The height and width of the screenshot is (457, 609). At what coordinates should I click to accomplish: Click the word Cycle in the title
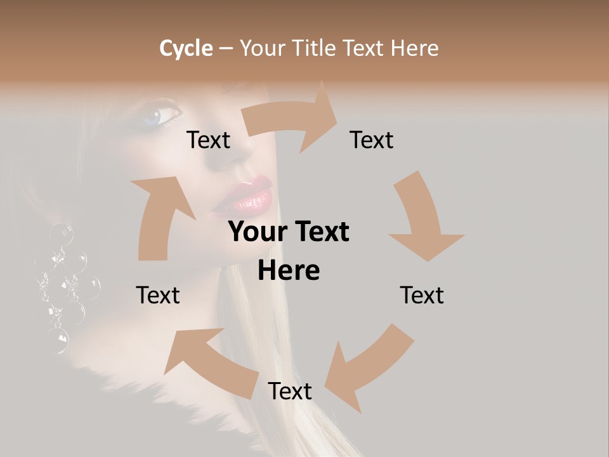[x=186, y=48]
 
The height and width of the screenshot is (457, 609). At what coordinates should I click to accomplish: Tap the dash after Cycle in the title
[x=226, y=49]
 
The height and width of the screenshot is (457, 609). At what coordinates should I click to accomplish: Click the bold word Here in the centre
[x=289, y=271]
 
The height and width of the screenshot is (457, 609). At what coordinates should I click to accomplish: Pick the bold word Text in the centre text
[x=320, y=232]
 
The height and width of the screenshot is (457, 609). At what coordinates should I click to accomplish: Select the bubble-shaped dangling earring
[x=63, y=286]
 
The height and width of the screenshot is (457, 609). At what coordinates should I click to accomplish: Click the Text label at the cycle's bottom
[x=290, y=392]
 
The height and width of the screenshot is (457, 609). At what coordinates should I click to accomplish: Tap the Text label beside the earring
[x=158, y=296]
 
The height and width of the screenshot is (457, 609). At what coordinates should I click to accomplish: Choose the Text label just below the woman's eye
[x=208, y=140]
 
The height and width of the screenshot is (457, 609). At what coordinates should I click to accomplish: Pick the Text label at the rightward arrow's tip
[x=372, y=140]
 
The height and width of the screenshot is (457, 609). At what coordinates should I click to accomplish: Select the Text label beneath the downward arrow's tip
[x=422, y=296]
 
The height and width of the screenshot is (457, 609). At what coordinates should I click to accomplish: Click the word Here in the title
[x=413, y=48]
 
